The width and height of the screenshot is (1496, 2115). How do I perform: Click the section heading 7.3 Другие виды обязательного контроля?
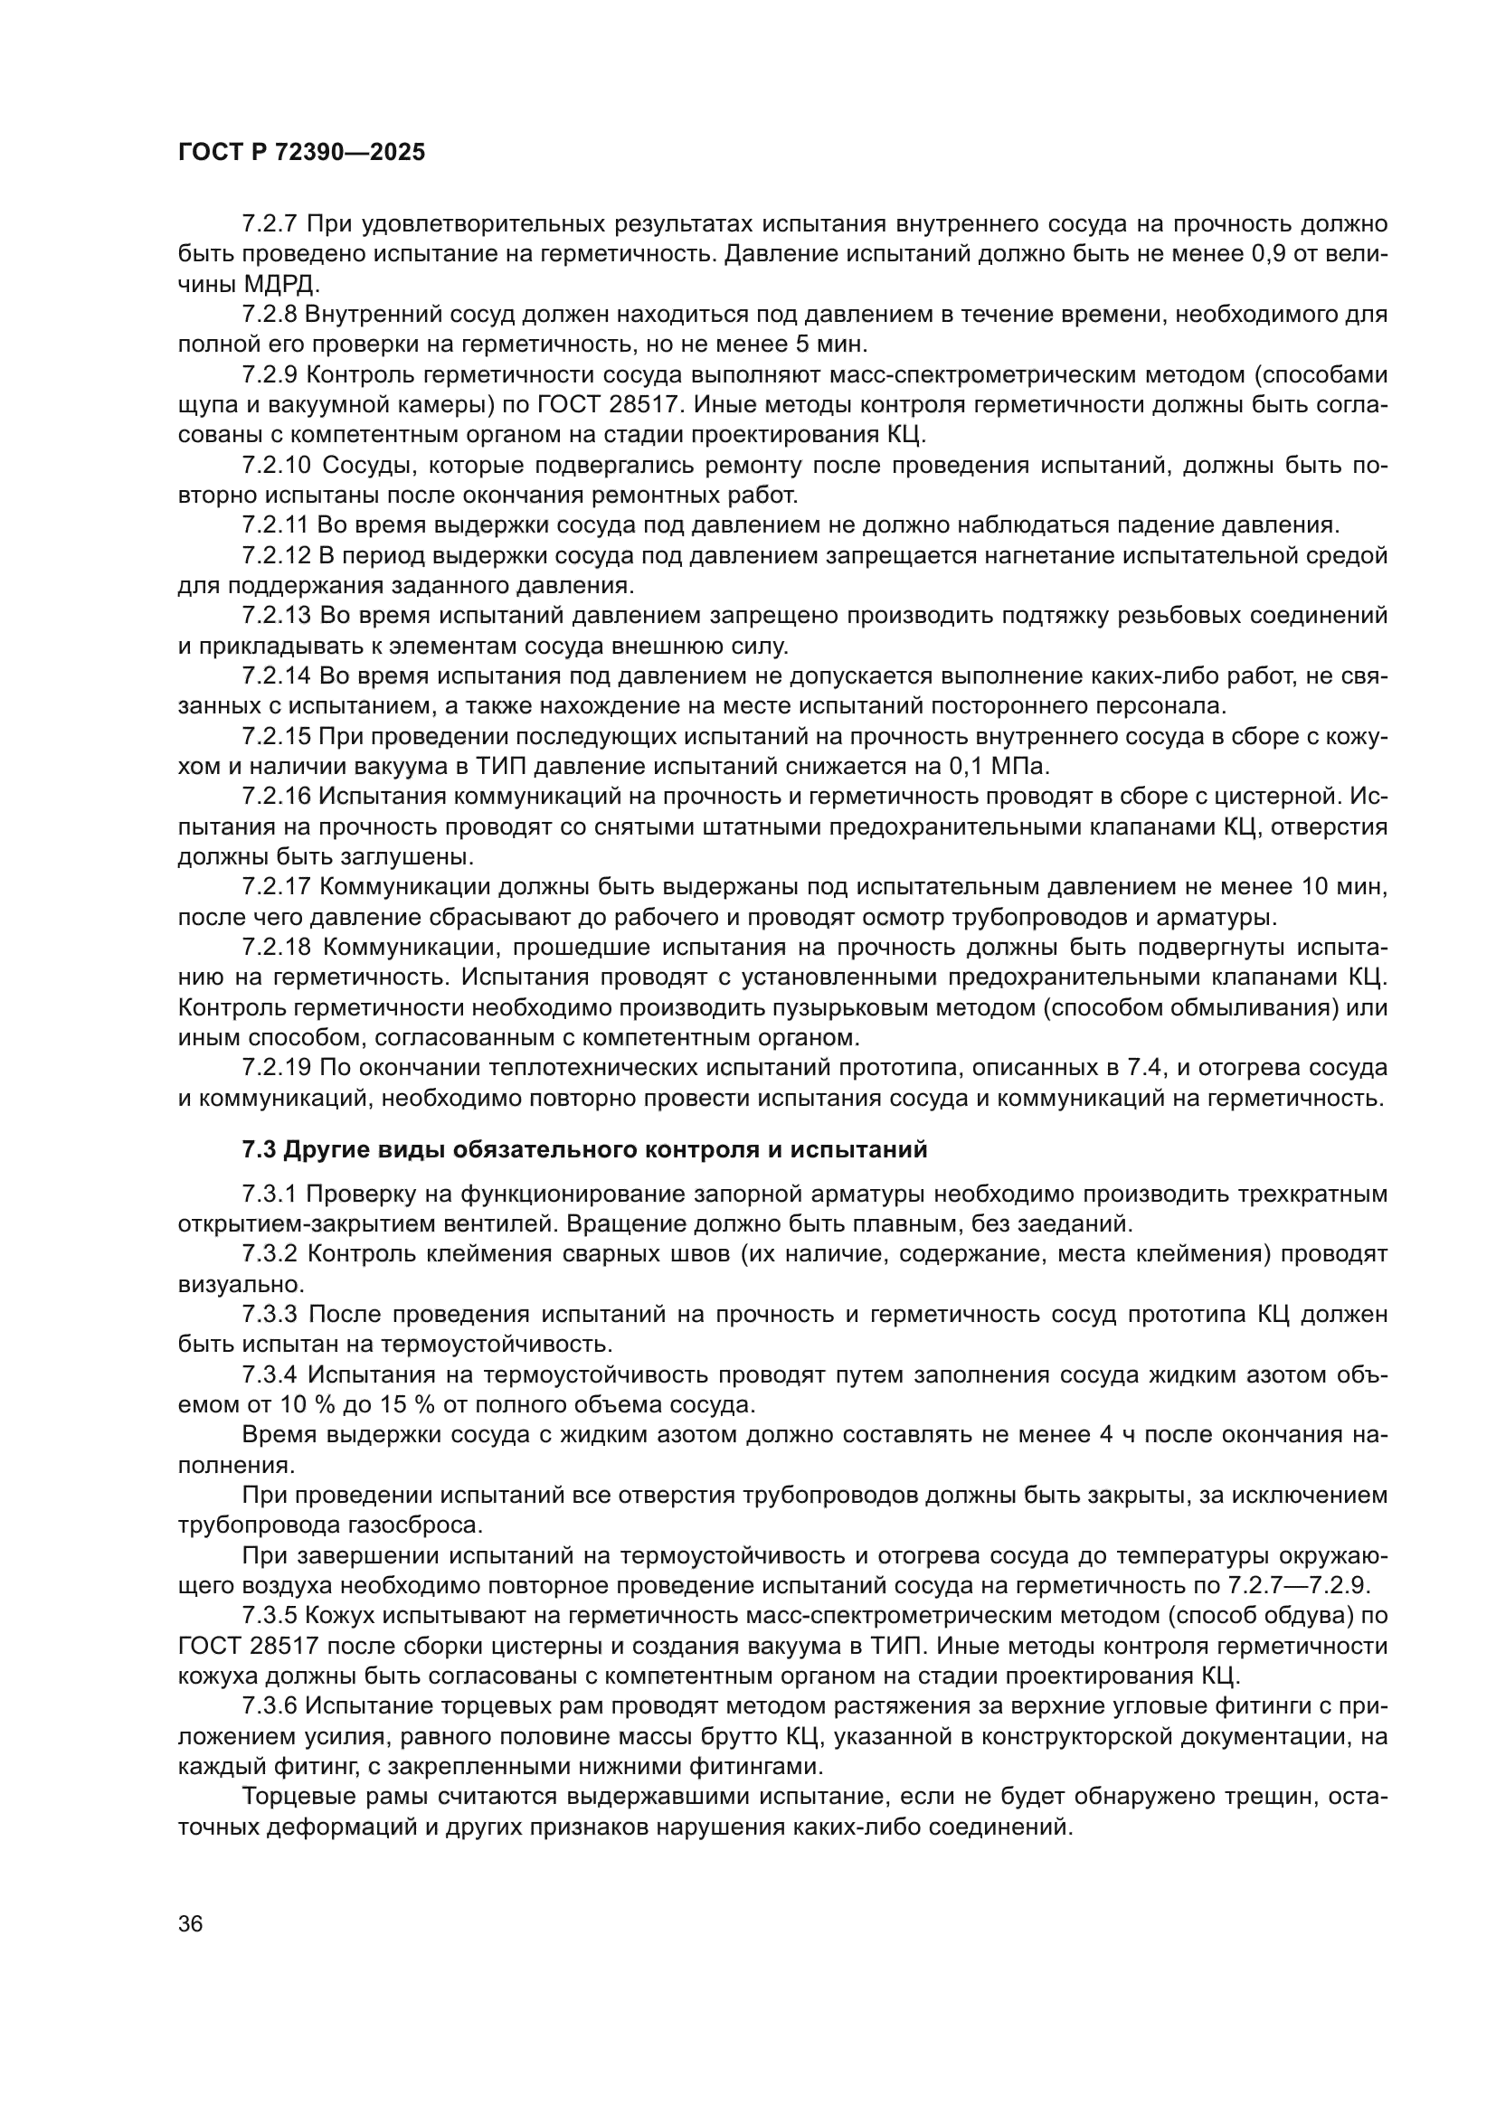[x=584, y=1149]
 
